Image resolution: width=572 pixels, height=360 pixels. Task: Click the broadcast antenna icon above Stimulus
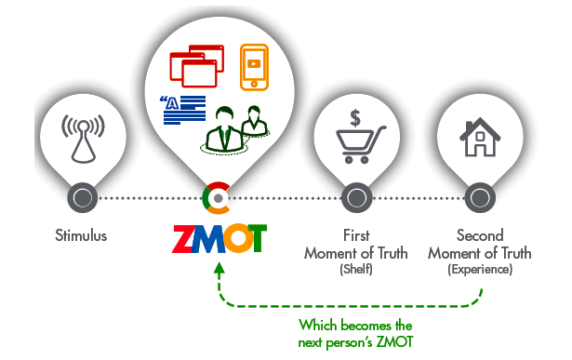click(83, 139)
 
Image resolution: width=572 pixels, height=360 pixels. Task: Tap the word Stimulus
click(81, 235)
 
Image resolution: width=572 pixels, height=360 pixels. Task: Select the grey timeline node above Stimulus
click(83, 198)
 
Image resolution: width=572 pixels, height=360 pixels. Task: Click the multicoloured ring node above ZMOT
click(218, 198)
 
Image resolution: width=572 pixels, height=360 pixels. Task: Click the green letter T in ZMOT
click(258, 238)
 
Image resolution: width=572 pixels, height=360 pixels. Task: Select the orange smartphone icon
click(254, 67)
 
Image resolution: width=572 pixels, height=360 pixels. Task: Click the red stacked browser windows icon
click(196, 66)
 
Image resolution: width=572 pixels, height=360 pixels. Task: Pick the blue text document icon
click(183, 110)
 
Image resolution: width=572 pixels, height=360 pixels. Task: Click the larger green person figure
click(224, 129)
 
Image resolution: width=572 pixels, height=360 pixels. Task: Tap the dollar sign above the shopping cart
click(355, 118)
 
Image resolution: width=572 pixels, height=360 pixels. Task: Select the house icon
click(480, 137)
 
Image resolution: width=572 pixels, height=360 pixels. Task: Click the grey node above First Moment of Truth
click(356, 198)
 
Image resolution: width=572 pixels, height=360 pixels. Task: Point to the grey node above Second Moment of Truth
click(480, 198)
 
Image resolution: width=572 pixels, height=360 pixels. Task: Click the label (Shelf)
click(356, 270)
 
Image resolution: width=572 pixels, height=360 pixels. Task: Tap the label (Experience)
click(480, 270)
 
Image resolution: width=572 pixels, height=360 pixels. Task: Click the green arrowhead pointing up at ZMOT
click(219, 268)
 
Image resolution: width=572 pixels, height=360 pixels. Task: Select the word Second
click(480, 235)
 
